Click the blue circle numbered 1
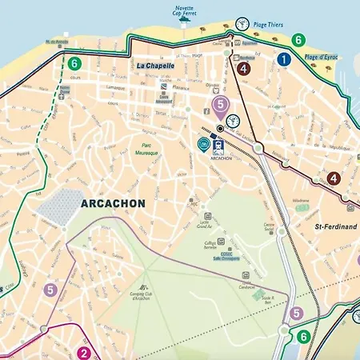point(283,59)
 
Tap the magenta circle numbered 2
point(83,353)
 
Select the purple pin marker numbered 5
point(221,106)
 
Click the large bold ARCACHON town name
point(113,204)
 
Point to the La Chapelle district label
point(155,65)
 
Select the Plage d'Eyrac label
point(322,58)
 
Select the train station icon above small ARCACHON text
point(217,145)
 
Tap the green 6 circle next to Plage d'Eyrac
point(298,39)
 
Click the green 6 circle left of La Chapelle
point(74,63)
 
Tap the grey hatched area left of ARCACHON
point(58,207)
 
